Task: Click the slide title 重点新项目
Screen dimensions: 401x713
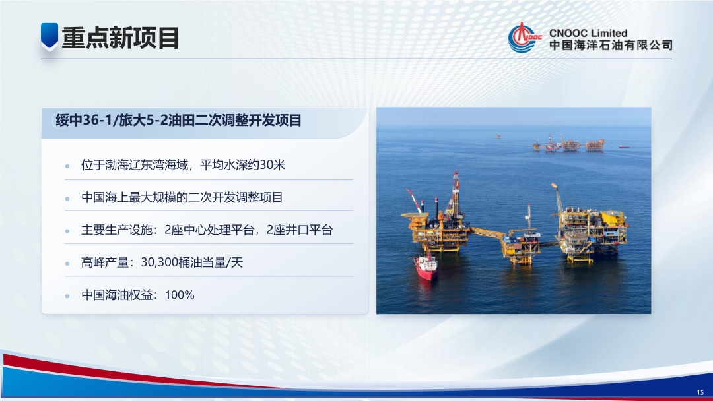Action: (120, 38)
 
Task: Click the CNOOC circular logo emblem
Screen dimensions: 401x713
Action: (524, 38)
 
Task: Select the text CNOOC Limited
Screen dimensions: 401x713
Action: (588, 32)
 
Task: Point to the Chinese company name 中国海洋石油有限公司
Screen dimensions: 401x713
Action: (611, 46)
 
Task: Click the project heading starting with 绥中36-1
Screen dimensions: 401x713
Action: (178, 120)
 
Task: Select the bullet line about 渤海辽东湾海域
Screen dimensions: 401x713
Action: (183, 165)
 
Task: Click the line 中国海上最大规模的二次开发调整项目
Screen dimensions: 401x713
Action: (182, 197)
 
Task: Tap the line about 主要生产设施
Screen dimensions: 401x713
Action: (207, 230)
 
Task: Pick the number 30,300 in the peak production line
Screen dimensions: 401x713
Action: (162, 262)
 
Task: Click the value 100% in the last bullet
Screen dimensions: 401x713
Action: (180, 295)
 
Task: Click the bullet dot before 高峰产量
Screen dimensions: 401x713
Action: (67, 263)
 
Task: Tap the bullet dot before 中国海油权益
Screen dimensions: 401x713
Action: (67, 295)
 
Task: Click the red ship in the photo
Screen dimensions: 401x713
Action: (425, 266)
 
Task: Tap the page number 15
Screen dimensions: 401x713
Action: (700, 392)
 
